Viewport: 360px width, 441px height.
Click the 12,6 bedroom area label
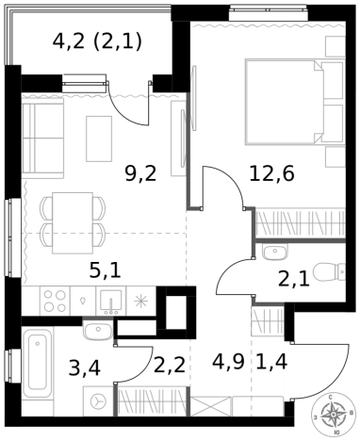(272, 174)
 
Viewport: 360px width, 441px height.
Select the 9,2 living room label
(140, 174)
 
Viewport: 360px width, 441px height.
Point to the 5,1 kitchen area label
(106, 270)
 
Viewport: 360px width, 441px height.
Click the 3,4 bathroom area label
(85, 368)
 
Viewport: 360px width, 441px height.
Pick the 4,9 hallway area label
(228, 362)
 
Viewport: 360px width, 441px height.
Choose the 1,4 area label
(272, 362)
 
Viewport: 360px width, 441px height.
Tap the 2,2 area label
(170, 365)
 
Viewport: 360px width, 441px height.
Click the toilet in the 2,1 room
(330, 272)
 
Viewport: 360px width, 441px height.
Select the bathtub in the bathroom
(38, 362)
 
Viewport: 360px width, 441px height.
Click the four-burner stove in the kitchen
(55, 301)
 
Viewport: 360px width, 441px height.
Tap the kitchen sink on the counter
(111, 302)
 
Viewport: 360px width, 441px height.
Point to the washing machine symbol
(98, 401)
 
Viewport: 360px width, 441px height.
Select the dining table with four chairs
(73, 223)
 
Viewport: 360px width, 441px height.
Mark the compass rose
(332, 415)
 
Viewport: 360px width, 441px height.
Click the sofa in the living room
(42, 138)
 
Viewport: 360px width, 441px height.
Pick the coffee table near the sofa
(99, 139)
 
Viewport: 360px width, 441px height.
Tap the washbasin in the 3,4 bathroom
(98, 331)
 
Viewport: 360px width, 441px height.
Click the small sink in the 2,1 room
(275, 253)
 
